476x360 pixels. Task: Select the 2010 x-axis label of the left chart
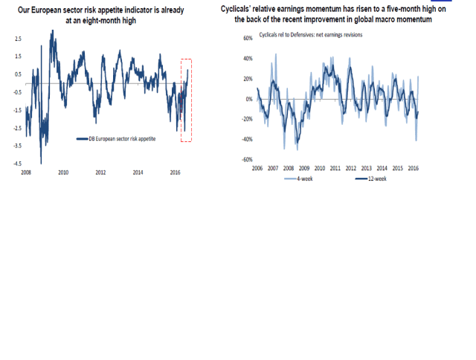(x=63, y=172)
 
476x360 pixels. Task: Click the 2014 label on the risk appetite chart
(x=138, y=172)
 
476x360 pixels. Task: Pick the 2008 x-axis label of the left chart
(x=25, y=172)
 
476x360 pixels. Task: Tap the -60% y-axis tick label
(x=246, y=159)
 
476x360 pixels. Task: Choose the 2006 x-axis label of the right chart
(x=257, y=169)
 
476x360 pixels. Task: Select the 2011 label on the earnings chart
(x=335, y=169)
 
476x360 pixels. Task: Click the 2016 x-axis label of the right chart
(x=414, y=169)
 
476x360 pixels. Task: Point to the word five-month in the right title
(x=386, y=9)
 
